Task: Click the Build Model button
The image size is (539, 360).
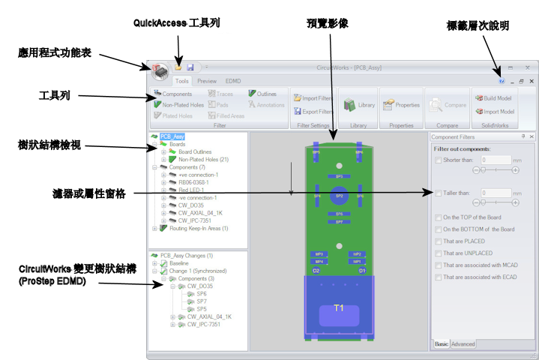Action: pyautogui.click(x=493, y=97)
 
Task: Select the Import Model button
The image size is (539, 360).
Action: pyautogui.click(x=493, y=111)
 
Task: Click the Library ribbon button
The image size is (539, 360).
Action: pyautogui.click(x=359, y=105)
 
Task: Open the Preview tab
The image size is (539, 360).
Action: pyautogui.click(x=207, y=81)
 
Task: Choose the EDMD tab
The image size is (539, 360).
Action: pyautogui.click(x=233, y=81)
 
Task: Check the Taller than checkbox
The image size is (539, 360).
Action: pyautogui.click(x=438, y=193)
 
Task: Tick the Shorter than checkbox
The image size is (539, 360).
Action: pyautogui.click(x=438, y=160)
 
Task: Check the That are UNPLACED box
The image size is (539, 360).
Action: pyautogui.click(x=438, y=253)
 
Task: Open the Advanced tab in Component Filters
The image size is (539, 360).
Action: pyautogui.click(x=463, y=344)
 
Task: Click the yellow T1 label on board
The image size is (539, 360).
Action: pyautogui.click(x=338, y=308)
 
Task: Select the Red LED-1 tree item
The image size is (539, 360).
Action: pyautogui.click(x=193, y=190)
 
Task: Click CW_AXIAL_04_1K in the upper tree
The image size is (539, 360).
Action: pyautogui.click(x=200, y=212)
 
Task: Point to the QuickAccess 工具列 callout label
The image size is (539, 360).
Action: pyautogui.click(x=176, y=23)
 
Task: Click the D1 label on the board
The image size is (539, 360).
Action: pyautogui.click(x=361, y=270)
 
